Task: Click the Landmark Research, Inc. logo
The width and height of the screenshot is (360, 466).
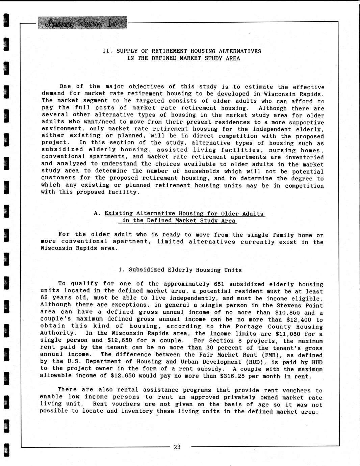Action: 82,23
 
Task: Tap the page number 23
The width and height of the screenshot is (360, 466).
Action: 177,447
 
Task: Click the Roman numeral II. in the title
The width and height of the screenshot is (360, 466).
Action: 107,51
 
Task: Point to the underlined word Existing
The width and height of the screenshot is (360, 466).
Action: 119,213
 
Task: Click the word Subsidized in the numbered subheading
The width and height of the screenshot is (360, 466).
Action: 147,270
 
